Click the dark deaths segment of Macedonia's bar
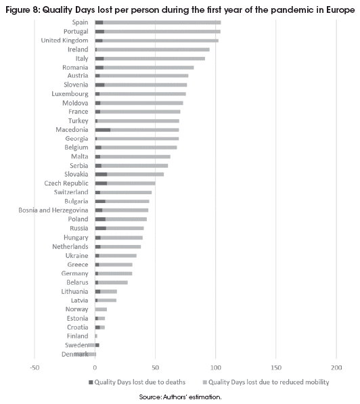(103, 130)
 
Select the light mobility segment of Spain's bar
(162, 23)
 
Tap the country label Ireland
(78, 49)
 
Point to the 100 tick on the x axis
(216, 367)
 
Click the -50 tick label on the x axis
(35, 367)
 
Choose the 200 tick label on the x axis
(336, 367)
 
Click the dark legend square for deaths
(91, 382)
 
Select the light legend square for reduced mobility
(205, 382)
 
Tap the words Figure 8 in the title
(22, 9)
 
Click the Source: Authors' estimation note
(180, 397)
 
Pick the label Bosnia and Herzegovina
(53, 210)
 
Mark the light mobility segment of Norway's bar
(101, 309)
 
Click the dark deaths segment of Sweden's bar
(97, 345)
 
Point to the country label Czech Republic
(66, 183)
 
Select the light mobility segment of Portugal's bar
(162, 32)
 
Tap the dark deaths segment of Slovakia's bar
(101, 175)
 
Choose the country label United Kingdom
(65, 41)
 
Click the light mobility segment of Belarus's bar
(113, 283)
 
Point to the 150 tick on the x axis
(276, 367)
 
